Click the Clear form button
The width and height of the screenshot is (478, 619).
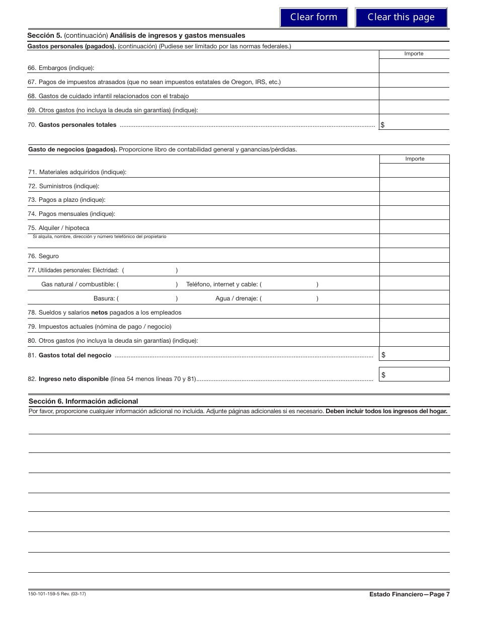click(x=313, y=17)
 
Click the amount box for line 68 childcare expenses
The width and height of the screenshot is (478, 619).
click(x=414, y=94)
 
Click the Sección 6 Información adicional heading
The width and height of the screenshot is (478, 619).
click(x=83, y=401)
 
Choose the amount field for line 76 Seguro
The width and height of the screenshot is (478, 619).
click(x=414, y=256)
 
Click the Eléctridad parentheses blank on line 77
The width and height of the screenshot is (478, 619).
click(x=150, y=270)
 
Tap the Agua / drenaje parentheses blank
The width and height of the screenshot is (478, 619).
click(x=290, y=298)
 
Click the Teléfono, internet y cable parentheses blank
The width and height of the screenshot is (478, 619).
click(x=290, y=284)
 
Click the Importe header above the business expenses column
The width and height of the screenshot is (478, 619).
click(x=414, y=159)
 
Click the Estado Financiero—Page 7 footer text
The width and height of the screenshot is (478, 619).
click(x=409, y=594)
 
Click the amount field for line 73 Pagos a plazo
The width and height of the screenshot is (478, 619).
click(x=414, y=199)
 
